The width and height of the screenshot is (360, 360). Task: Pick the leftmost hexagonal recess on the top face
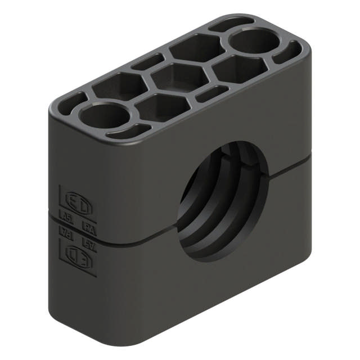119,87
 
